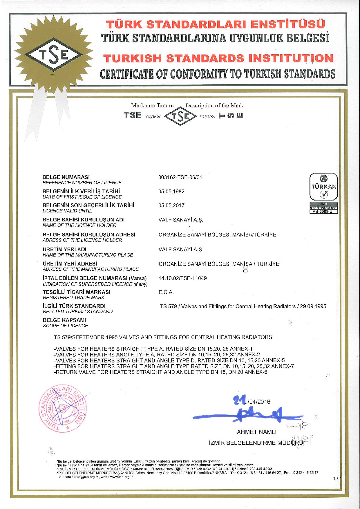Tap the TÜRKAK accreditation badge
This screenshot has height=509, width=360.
click(x=323, y=193)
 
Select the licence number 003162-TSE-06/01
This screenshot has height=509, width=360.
click(x=180, y=177)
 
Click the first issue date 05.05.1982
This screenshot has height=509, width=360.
click(x=171, y=192)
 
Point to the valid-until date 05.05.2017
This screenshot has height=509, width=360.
click(x=171, y=205)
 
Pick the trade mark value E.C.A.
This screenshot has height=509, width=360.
click(x=166, y=292)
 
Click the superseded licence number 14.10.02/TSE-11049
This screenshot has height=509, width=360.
click(x=182, y=278)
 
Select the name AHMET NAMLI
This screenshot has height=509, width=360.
click(x=256, y=432)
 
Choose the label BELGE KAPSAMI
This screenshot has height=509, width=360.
click(x=64, y=320)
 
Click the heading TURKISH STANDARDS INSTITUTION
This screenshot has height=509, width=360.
click(x=218, y=58)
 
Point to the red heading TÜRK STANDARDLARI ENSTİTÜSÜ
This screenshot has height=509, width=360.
click(x=216, y=24)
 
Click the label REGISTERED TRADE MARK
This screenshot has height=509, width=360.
click(x=73, y=298)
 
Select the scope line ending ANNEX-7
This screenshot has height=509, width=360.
click(x=174, y=366)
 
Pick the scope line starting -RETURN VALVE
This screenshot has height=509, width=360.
click(x=160, y=372)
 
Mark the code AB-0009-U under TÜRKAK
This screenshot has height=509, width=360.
click(x=323, y=212)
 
